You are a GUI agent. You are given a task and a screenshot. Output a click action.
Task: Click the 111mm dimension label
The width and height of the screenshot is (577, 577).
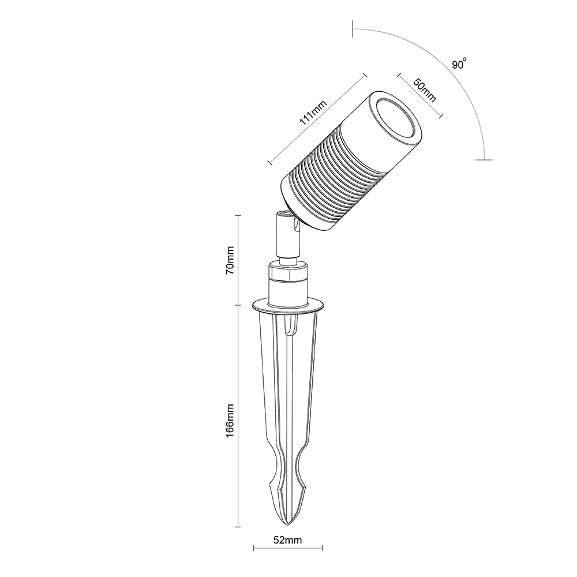[x=313, y=112]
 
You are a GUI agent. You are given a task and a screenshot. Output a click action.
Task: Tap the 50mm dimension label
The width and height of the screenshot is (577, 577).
[x=425, y=90]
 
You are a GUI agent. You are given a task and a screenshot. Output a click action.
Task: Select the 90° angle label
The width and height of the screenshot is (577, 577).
[x=460, y=63]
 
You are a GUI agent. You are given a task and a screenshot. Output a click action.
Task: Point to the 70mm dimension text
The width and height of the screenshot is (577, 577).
[x=230, y=260]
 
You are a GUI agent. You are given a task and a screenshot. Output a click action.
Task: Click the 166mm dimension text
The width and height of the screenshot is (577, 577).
[x=230, y=420]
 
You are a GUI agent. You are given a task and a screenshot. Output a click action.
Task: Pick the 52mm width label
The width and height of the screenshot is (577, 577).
[x=288, y=540]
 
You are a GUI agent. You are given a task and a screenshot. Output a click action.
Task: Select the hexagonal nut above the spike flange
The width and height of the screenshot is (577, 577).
[x=288, y=272]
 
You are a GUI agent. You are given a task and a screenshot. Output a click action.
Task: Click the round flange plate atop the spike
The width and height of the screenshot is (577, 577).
[x=288, y=305]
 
